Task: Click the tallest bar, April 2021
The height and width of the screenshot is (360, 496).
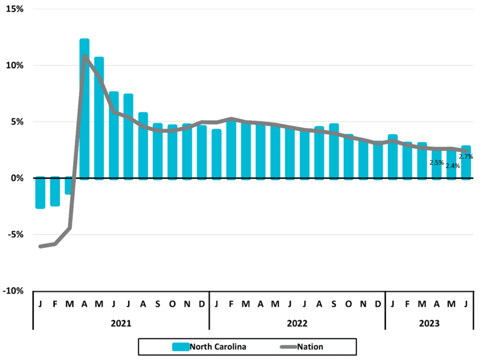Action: click(84, 109)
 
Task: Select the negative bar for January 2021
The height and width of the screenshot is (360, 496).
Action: click(40, 192)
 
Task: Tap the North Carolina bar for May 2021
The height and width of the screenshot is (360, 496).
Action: click(99, 118)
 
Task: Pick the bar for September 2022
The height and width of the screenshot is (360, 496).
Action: click(334, 152)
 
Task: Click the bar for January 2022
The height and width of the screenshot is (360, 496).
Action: click(217, 155)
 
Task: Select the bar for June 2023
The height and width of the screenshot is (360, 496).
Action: click(466, 163)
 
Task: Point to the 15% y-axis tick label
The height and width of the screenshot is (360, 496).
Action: click(15, 9)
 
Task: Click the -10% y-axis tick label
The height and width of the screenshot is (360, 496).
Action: click(13, 291)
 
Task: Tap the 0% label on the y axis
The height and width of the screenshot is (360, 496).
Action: click(17, 178)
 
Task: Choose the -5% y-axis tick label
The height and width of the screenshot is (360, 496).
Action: click(15, 235)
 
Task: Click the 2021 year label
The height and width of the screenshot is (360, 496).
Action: click(121, 323)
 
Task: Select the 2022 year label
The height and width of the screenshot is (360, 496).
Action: click(297, 323)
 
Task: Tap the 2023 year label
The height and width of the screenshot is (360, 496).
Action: click(429, 323)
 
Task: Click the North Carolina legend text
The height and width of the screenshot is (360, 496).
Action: click(218, 347)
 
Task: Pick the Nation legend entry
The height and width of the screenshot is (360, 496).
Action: click(302, 347)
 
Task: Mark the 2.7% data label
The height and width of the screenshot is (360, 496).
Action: click(466, 157)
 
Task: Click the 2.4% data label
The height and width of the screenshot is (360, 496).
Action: click(453, 166)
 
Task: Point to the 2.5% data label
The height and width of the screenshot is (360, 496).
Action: click(436, 163)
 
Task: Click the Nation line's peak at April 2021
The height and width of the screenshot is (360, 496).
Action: click(84, 56)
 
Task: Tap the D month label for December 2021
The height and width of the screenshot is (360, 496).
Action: click(202, 304)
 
